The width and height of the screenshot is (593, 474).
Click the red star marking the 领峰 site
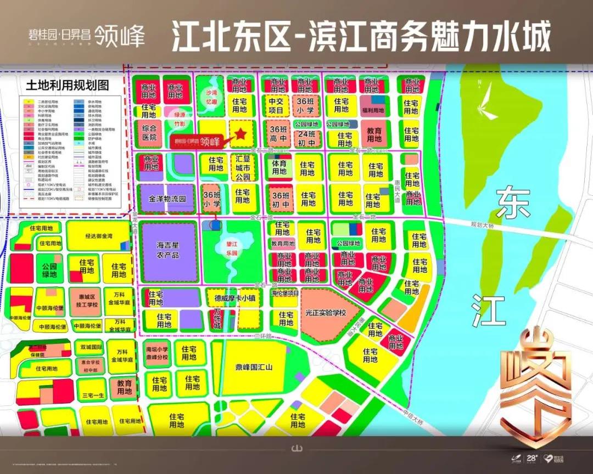click(x=240, y=133)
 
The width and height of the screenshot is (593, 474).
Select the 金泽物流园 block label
click(x=167, y=200)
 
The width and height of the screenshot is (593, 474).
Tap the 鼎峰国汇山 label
click(x=254, y=367)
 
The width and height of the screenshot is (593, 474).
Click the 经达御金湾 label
click(x=98, y=236)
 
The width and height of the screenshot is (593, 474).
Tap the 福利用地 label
click(x=374, y=110)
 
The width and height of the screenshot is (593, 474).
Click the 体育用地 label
click(x=279, y=167)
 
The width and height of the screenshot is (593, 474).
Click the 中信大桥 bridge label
click(x=413, y=417)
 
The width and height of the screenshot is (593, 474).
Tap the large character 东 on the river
click(x=513, y=204)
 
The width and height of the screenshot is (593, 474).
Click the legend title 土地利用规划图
click(x=67, y=86)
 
